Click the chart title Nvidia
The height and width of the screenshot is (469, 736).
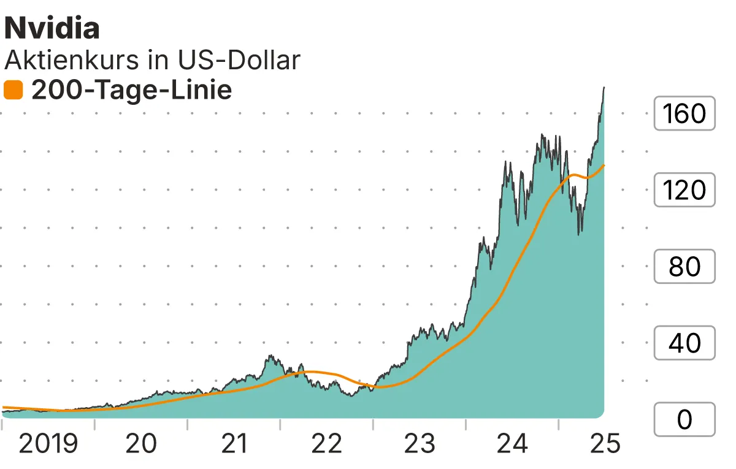[52, 28]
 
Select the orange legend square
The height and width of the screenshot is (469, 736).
[13, 91]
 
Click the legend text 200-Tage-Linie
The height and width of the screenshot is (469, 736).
[131, 91]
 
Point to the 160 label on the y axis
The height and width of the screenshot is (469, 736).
[684, 113]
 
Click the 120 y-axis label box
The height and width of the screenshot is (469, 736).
[684, 190]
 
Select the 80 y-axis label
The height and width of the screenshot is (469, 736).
[684, 267]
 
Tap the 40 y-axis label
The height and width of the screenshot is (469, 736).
[684, 343]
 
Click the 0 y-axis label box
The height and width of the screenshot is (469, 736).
[684, 420]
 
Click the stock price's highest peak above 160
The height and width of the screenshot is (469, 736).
[604, 88]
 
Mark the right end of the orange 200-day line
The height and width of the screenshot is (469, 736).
[605, 165]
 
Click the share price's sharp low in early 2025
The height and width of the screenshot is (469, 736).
[580, 233]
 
